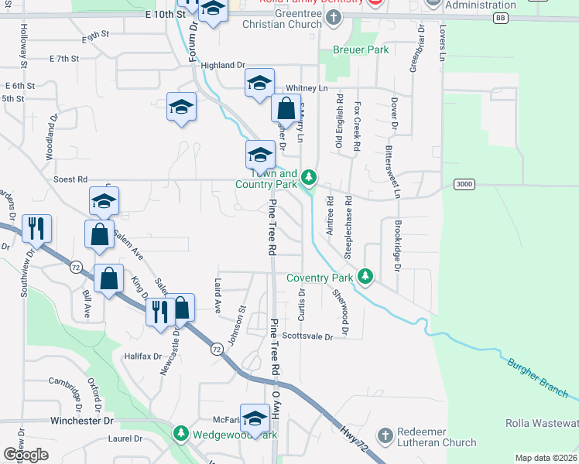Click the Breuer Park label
pyautogui.click(x=360, y=50)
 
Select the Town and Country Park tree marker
pyautogui.click(x=309, y=179)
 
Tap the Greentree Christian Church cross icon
pyautogui.click(x=334, y=19)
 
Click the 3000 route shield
pyautogui.click(x=464, y=183)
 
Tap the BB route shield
pyautogui.click(x=502, y=17)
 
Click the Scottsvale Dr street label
pyautogui.click(x=307, y=336)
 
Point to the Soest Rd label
pyautogui.click(x=70, y=179)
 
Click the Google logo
pyautogui.click(x=26, y=455)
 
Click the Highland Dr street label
pyautogui.click(x=223, y=66)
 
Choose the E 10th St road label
pyautogui.click(x=166, y=14)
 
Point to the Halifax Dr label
pyautogui.click(x=142, y=357)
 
